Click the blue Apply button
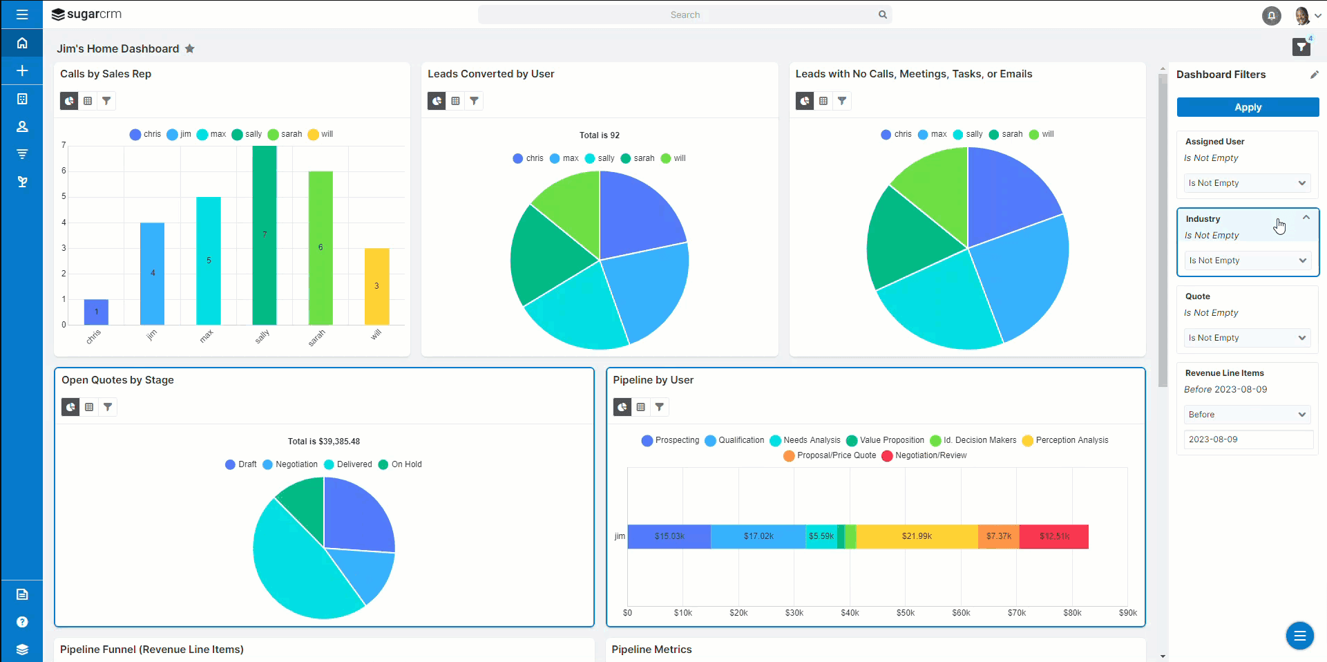pyautogui.click(x=1248, y=107)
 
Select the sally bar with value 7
pyautogui.click(x=265, y=235)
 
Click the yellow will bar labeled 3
pyautogui.click(x=376, y=286)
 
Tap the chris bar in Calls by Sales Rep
pyautogui.click(x=96, y=312)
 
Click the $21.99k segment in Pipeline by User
pyautogui.click(x=917, y=536)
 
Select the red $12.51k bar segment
pyautogui.click(x=1054, y=536)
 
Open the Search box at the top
pyautogui.click(x=684, y=15)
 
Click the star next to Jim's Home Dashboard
pyautogui.click(x=190, y=48)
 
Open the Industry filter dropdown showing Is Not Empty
pyautogui.click(x=1248, y=261)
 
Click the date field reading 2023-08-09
pyautogui.click(x=1248, y=439)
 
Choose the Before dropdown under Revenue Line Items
pyautogui.click(x=1248, y=415)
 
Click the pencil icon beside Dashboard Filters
pyautogui.click(x=1314, y=75)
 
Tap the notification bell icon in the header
pyautogui.click(x=1271, y=15)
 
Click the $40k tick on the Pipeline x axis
pyautogui.click(x=850, y=613)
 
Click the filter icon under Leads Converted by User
pyautogui.click(x=474, y=101)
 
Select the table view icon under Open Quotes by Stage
pyautogui.click(x=89, y=407)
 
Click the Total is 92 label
pyautogui.click(x=599, y=135)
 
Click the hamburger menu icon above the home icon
pyautogui.click(x=22, y=15)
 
